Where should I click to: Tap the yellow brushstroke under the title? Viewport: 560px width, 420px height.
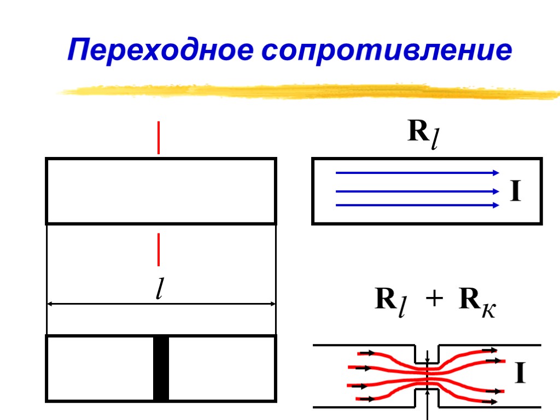(x=306, y=91)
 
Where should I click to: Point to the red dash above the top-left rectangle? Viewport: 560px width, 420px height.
(x=159, y=138)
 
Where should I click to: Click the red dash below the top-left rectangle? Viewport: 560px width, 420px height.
(x=159, y=249)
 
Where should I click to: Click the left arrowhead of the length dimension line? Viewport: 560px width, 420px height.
(x=50, y=304)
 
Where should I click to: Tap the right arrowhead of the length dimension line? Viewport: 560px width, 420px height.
(x=272, y=304)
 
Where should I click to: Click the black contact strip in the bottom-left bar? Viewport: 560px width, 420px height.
(x=161, y=369)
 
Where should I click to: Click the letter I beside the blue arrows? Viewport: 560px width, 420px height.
(x=515, y=192)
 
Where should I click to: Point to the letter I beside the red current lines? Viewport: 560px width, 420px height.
(x=520, y=374)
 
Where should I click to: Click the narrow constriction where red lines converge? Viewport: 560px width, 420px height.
(x=427, y=375)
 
